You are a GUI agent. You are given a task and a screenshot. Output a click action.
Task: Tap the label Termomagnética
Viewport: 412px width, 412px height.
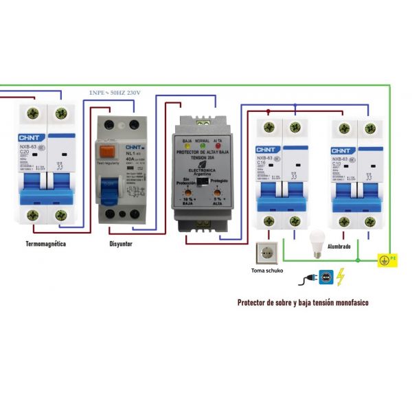click(45, 244)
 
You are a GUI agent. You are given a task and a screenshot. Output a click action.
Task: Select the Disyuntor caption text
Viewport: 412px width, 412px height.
click(121, 244)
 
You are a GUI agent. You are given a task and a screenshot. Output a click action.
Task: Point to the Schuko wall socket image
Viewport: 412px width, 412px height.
click(266, 253)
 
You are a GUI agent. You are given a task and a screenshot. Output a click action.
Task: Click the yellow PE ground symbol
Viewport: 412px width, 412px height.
click(386, 260)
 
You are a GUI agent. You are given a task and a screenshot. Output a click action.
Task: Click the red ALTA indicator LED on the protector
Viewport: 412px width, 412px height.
click(218, 147)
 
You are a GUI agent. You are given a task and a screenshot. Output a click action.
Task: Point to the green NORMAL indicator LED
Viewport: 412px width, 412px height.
click(202, 147)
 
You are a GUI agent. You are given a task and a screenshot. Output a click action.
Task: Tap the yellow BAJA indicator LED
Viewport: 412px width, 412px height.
click(187, 147)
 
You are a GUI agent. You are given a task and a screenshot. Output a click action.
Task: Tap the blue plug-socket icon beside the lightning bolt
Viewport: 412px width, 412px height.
click(325, 278)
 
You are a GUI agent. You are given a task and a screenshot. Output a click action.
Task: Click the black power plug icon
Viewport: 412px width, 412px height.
click(306, 279)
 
